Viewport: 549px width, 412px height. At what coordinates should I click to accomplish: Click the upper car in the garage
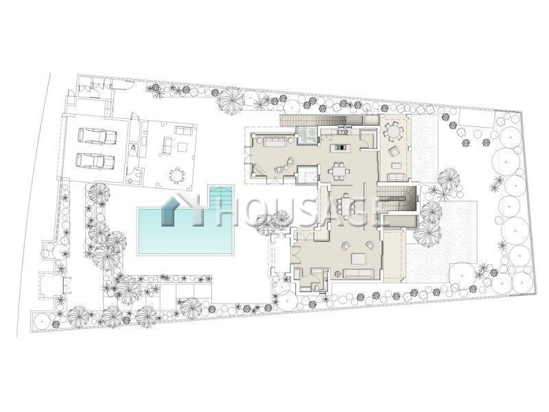click(97, 136)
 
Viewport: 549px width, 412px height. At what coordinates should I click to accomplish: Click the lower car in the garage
click(95, 161)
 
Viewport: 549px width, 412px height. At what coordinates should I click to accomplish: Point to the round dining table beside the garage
click(177, 175)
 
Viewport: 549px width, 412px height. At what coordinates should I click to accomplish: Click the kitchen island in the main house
click(340, 147)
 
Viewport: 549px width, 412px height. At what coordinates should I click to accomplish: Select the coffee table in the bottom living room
click(359, 258)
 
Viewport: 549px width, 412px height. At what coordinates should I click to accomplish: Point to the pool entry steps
click(221, 197)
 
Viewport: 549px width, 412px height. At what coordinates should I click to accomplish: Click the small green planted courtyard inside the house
click(307, 135)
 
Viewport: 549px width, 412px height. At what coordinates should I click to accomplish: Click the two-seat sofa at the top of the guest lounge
click(184, 130)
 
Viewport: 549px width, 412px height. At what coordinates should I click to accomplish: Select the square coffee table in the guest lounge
click(183, 147)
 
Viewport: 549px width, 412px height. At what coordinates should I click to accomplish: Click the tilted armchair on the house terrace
click(395, 152)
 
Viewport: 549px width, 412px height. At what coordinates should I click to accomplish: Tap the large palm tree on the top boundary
click(231, 99)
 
